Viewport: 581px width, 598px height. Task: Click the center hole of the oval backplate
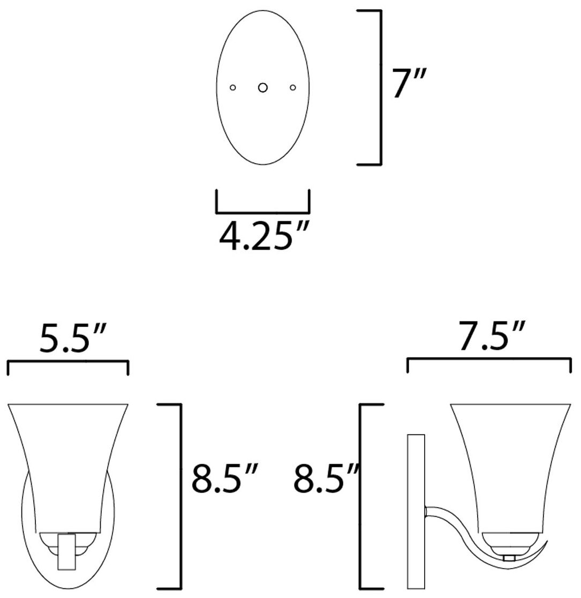coord(262,88)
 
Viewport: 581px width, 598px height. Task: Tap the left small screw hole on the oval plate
coord(232,88)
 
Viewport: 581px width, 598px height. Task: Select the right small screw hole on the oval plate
coord(292,88)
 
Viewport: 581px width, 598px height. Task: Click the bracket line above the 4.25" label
coord(262,212)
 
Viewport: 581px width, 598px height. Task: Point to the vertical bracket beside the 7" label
coord(380,88)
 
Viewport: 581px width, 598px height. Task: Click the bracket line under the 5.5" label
coord(67,363)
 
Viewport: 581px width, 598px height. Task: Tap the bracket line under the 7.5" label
coord(489,360)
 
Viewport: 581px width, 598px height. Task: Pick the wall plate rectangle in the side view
coord(416,511)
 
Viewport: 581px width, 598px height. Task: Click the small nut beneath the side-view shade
coord(509,558)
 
